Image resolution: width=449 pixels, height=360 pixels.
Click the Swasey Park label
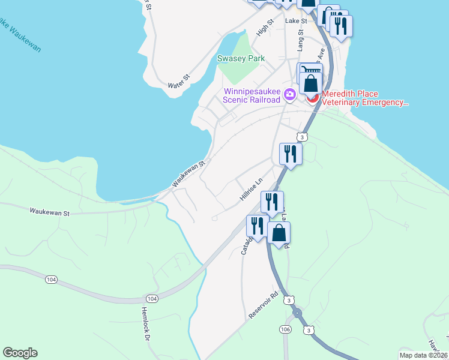241,59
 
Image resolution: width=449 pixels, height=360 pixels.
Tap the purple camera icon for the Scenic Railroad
289,95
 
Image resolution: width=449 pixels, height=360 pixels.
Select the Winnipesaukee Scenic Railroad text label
252,96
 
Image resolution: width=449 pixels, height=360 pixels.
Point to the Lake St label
295,20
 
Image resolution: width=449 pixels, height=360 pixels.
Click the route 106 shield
285,329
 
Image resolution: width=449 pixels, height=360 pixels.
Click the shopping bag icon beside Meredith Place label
311,83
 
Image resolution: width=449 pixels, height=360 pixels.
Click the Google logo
20,353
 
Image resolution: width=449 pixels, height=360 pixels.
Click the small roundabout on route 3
296,313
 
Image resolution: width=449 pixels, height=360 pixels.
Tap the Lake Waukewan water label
20,35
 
